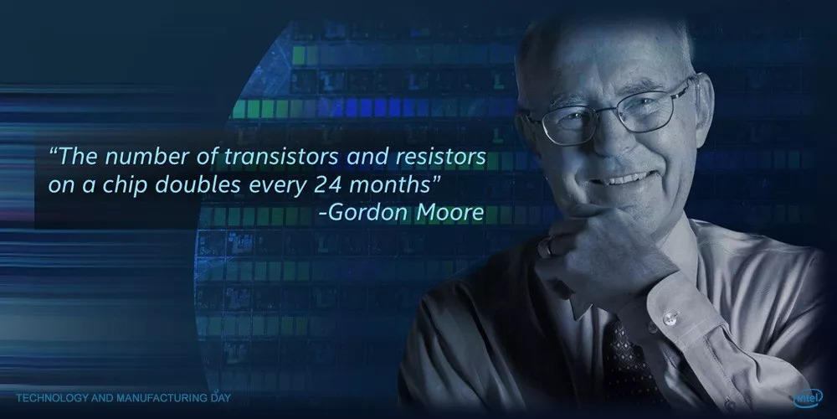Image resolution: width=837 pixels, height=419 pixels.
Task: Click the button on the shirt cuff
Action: coord(669,318)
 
